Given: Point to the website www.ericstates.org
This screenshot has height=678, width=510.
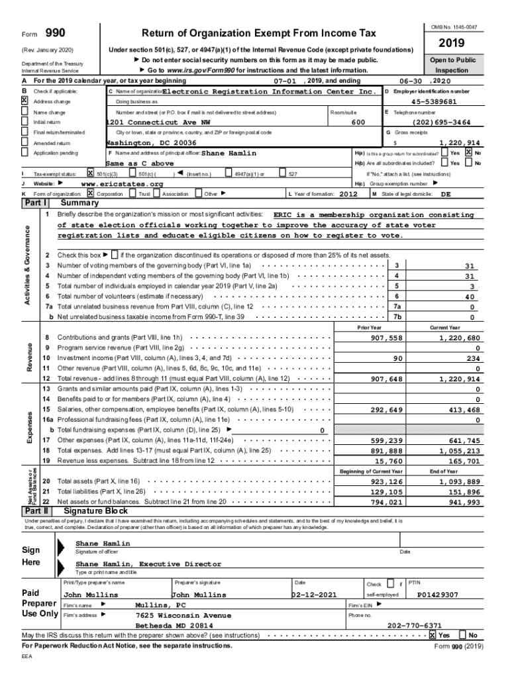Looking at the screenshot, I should click(122, 183).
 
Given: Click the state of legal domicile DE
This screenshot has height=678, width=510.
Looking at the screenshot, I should click(446, 194).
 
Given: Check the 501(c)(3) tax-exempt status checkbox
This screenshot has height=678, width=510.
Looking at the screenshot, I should click(91, 173).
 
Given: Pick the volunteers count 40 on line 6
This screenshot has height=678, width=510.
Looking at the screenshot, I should click(471, 297).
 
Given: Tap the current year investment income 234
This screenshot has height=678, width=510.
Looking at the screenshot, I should click(472, 358).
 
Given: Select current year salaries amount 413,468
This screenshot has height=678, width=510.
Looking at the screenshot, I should click(463, 410).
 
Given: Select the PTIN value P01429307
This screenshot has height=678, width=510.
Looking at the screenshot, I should click(437, 595).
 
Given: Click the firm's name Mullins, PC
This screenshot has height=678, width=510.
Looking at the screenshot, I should click(160, 605).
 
